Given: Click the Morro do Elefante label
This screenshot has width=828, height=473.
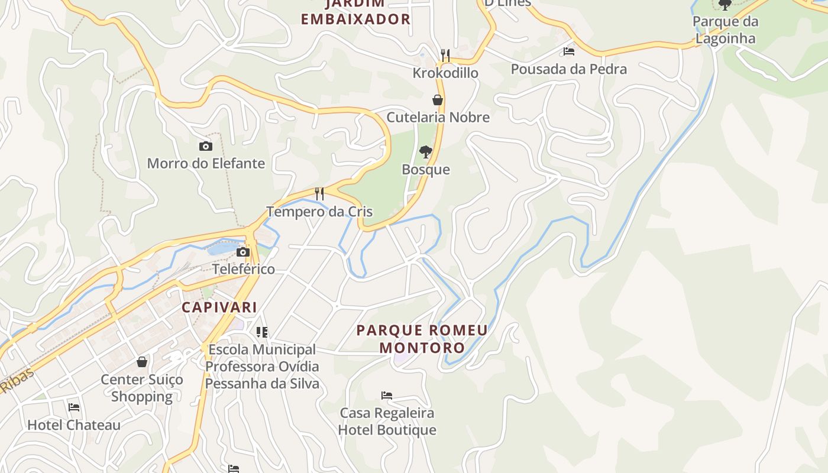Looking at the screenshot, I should pos(206,163).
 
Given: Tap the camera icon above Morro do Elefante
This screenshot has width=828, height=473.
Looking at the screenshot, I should pos(206,146).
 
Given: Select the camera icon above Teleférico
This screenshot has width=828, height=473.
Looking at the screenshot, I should pos(242,252).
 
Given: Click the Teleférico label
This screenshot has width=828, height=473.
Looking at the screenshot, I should pos(244,269).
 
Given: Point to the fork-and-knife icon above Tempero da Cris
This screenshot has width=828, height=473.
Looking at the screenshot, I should pos(319,193).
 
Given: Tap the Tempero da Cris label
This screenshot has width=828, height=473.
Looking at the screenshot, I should pos(319,211).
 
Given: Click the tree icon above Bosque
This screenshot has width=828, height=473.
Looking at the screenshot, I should pos(425,152).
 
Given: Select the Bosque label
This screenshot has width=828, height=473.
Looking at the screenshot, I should pos(426,170).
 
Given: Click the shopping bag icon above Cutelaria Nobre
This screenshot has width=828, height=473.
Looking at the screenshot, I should pos(438,99).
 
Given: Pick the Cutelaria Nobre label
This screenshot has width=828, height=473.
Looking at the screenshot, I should pos(438,117).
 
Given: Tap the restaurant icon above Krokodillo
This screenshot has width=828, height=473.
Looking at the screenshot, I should pos(445,56).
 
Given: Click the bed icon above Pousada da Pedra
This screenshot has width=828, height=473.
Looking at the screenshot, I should pos(569,51).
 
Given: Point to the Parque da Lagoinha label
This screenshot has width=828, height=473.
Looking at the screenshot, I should pos(725,30).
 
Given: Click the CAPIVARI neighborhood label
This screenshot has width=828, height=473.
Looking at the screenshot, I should pos(219,307).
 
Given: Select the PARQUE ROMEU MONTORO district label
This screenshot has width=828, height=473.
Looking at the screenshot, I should pos(422,339).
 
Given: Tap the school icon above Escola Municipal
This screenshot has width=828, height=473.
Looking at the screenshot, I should pos(262,332).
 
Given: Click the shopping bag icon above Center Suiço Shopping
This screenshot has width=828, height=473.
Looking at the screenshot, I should pos(142,361).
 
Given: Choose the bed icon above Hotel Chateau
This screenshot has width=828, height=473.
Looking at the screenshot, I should pos(74,407).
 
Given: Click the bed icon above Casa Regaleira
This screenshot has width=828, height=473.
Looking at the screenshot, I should pos(387,395).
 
